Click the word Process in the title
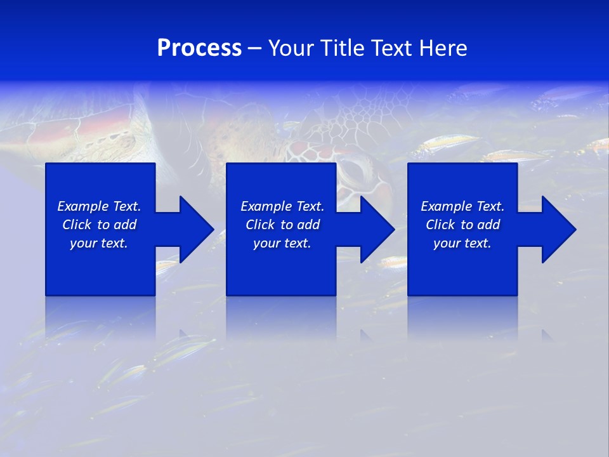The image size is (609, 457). click(x=199, y=48)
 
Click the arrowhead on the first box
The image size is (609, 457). click(x=191, y=229)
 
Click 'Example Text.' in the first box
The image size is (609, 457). click(x=99, y=206)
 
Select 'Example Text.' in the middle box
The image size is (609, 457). click(x=282, y=206)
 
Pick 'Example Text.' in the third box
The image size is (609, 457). click(x=462, y=206)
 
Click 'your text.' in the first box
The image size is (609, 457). click(x=99, y=243)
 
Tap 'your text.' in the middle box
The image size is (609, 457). click(x=282, y=243)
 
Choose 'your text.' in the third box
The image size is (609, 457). click(x=462, y=243)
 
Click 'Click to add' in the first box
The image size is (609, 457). click(x=99, y=225)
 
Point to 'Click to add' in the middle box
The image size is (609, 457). click(x=282, y=225)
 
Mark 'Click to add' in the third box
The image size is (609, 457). click(x=462, y=225)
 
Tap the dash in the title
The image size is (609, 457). click(x=254, y=49)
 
